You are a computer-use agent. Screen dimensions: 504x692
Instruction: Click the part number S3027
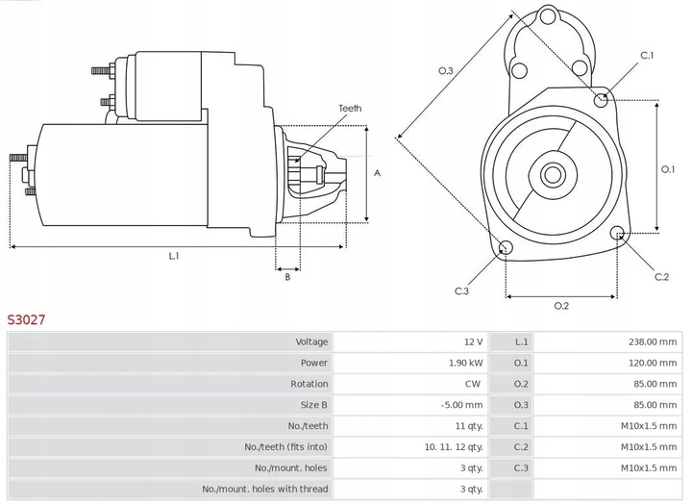pyautogui.click(x=26, y=317)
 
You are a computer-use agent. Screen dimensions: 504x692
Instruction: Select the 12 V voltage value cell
pyautogui.click(x=472, y=341)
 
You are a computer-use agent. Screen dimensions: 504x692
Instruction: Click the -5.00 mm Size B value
pyautogui.click(x=462, y=405)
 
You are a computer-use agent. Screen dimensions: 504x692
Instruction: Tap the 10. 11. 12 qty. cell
pyautogui.click(x=451, y=447)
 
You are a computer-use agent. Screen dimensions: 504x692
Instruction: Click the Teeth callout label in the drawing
pyautogui.click(x=350, y=109)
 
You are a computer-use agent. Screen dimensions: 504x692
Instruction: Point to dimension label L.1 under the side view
pyautogui.click(x=175, y=257)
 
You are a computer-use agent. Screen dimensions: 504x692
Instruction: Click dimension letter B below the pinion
pyautogui.click(x=286, y=278)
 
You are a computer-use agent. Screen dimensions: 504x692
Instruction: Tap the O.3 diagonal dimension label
pyautogui.click(x=445, y=70)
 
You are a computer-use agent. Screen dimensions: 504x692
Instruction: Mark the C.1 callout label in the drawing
pyautogui.click(x=647, y=56)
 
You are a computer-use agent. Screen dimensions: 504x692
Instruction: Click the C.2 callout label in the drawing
pyautogui.click(x=661, y=278)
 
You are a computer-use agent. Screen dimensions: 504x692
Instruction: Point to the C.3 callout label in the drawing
pyautogui.click(x=461, y=291)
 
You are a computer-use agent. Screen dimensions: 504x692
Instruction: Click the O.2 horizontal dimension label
pyautogui.click(x=561, y=307)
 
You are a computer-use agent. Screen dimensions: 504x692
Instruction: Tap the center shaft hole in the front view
pyautogui.click(x=553, y=174)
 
